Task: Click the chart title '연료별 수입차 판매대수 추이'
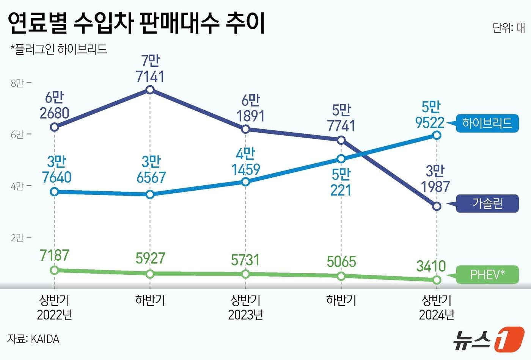tap(136, 23)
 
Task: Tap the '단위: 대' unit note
tap(509, 28)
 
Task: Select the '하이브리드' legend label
tap(487, 123)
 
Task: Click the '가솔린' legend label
tap(487, 203)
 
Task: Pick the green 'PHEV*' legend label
tap(487, 274)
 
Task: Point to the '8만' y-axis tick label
tap(17, 83)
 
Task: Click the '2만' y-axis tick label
tap(17, 238)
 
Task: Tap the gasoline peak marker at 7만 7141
tap(150, 90)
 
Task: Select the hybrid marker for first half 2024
tap(437, 135)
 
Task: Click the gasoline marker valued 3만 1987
tap(437, 206)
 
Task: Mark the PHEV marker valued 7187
tap(54, 270)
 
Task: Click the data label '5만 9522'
tap(430, 115)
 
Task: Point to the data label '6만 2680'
tap(54, 105)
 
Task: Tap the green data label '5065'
tap(341, 261)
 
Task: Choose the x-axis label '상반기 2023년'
tap(245, 307)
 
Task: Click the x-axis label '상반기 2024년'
tap(437, 307)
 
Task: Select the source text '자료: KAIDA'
tap(33, 338)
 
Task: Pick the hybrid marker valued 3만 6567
tap(150, 194)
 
